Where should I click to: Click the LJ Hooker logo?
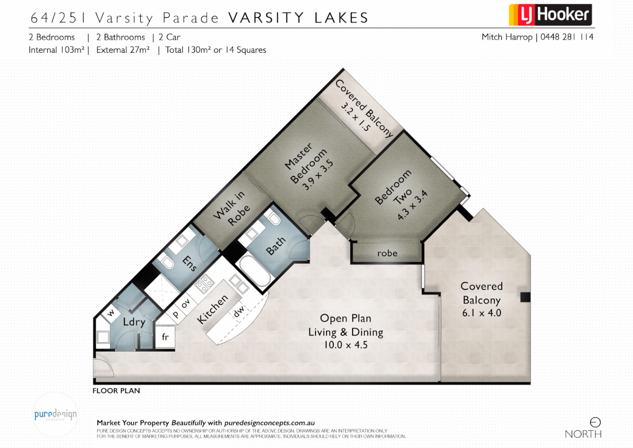(550, 15)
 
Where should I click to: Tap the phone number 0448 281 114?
(567, 37)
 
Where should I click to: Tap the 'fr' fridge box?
(165, 337)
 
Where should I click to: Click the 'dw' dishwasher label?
(239, 311)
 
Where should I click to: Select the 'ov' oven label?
(186, 303)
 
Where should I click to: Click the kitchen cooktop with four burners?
(204, 284)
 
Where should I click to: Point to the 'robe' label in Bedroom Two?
(387, 253)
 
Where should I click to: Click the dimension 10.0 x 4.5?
(345, 345)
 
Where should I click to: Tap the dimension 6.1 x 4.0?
(481, 313)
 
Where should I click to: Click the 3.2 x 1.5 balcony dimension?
(355, 117)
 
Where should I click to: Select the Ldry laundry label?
(134, 322)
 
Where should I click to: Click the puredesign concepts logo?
(55, 414)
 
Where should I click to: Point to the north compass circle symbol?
(595, 422)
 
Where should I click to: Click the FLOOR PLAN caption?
(116, 391)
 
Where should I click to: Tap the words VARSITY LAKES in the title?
(298, 18)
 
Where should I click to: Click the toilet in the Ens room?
(167, 262)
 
